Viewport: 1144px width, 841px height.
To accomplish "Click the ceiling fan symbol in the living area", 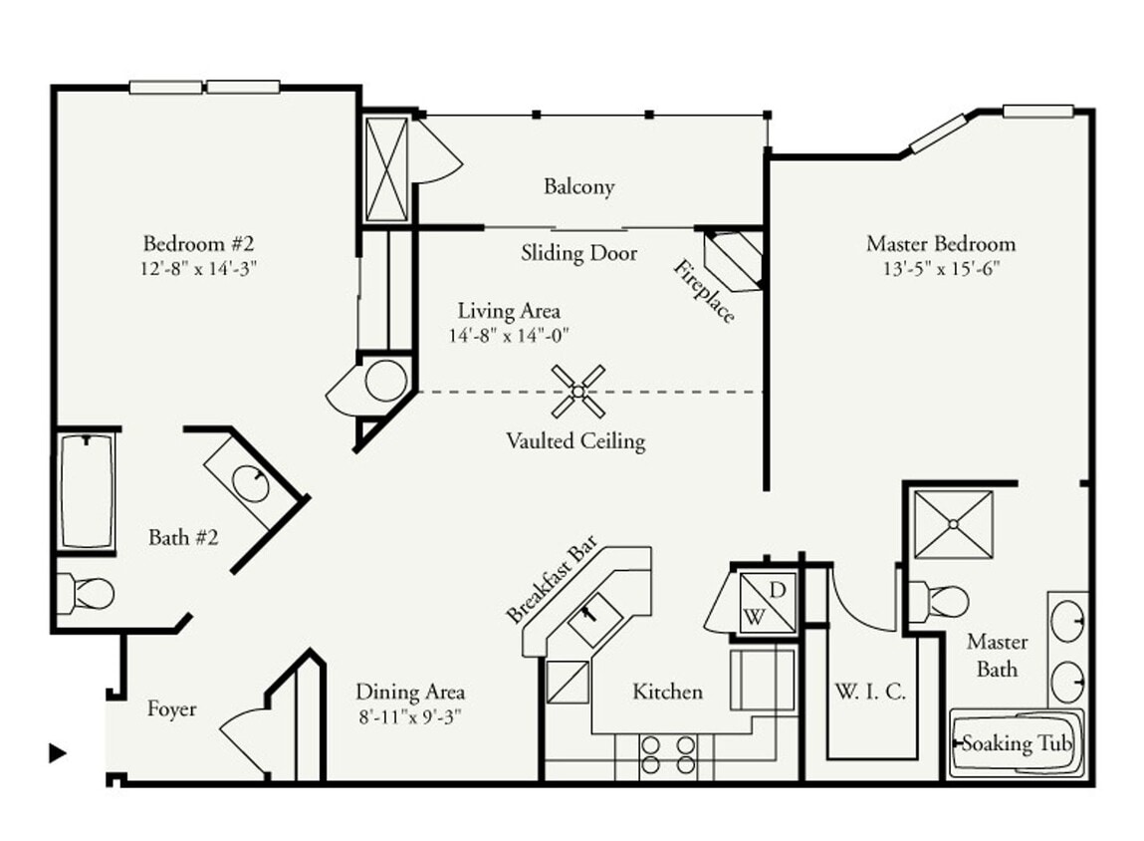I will coord(577,391).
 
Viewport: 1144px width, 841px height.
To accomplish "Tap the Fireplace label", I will coord(704,291).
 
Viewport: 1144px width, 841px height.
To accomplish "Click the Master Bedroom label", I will coord(940,243).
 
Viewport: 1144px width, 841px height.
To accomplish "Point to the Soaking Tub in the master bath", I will coord(1016,743).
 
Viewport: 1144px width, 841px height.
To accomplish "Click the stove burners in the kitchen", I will coord(667,755).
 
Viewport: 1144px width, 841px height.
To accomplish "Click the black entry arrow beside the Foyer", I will coord(58,753).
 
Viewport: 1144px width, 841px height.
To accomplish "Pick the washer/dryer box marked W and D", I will coord(765,603).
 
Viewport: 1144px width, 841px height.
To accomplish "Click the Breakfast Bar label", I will coord(552,581).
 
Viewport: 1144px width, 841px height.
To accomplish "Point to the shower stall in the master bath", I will coord(952,523).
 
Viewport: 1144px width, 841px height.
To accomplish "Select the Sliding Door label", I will coord(578,253).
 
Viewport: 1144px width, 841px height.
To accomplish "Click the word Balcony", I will coord(578,186).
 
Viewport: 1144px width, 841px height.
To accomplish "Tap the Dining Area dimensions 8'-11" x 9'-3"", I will coord(410,715).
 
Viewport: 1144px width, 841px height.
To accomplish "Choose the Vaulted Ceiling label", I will coord(574,440).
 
